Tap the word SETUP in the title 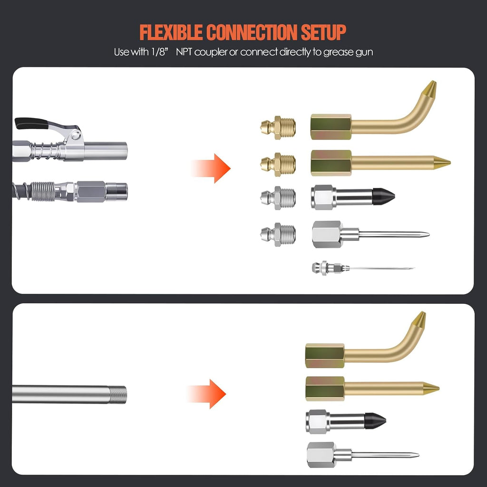point(323,32)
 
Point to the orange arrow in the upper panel point(211,168)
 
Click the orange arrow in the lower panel point(206,394)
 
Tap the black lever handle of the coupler point(31,123)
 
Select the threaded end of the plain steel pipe point(118,395)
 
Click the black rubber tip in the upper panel point(383,196)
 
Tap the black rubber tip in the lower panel point(375,421)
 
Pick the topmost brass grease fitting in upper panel point(278,127)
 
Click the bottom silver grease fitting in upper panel point(278,234)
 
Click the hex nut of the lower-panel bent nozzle point(325,356)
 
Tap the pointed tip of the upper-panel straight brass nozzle point(450,162)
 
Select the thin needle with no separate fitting point(363,268)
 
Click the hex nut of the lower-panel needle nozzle point(321,455)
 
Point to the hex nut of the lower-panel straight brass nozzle point(325,389)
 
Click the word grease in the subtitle point(338,52)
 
